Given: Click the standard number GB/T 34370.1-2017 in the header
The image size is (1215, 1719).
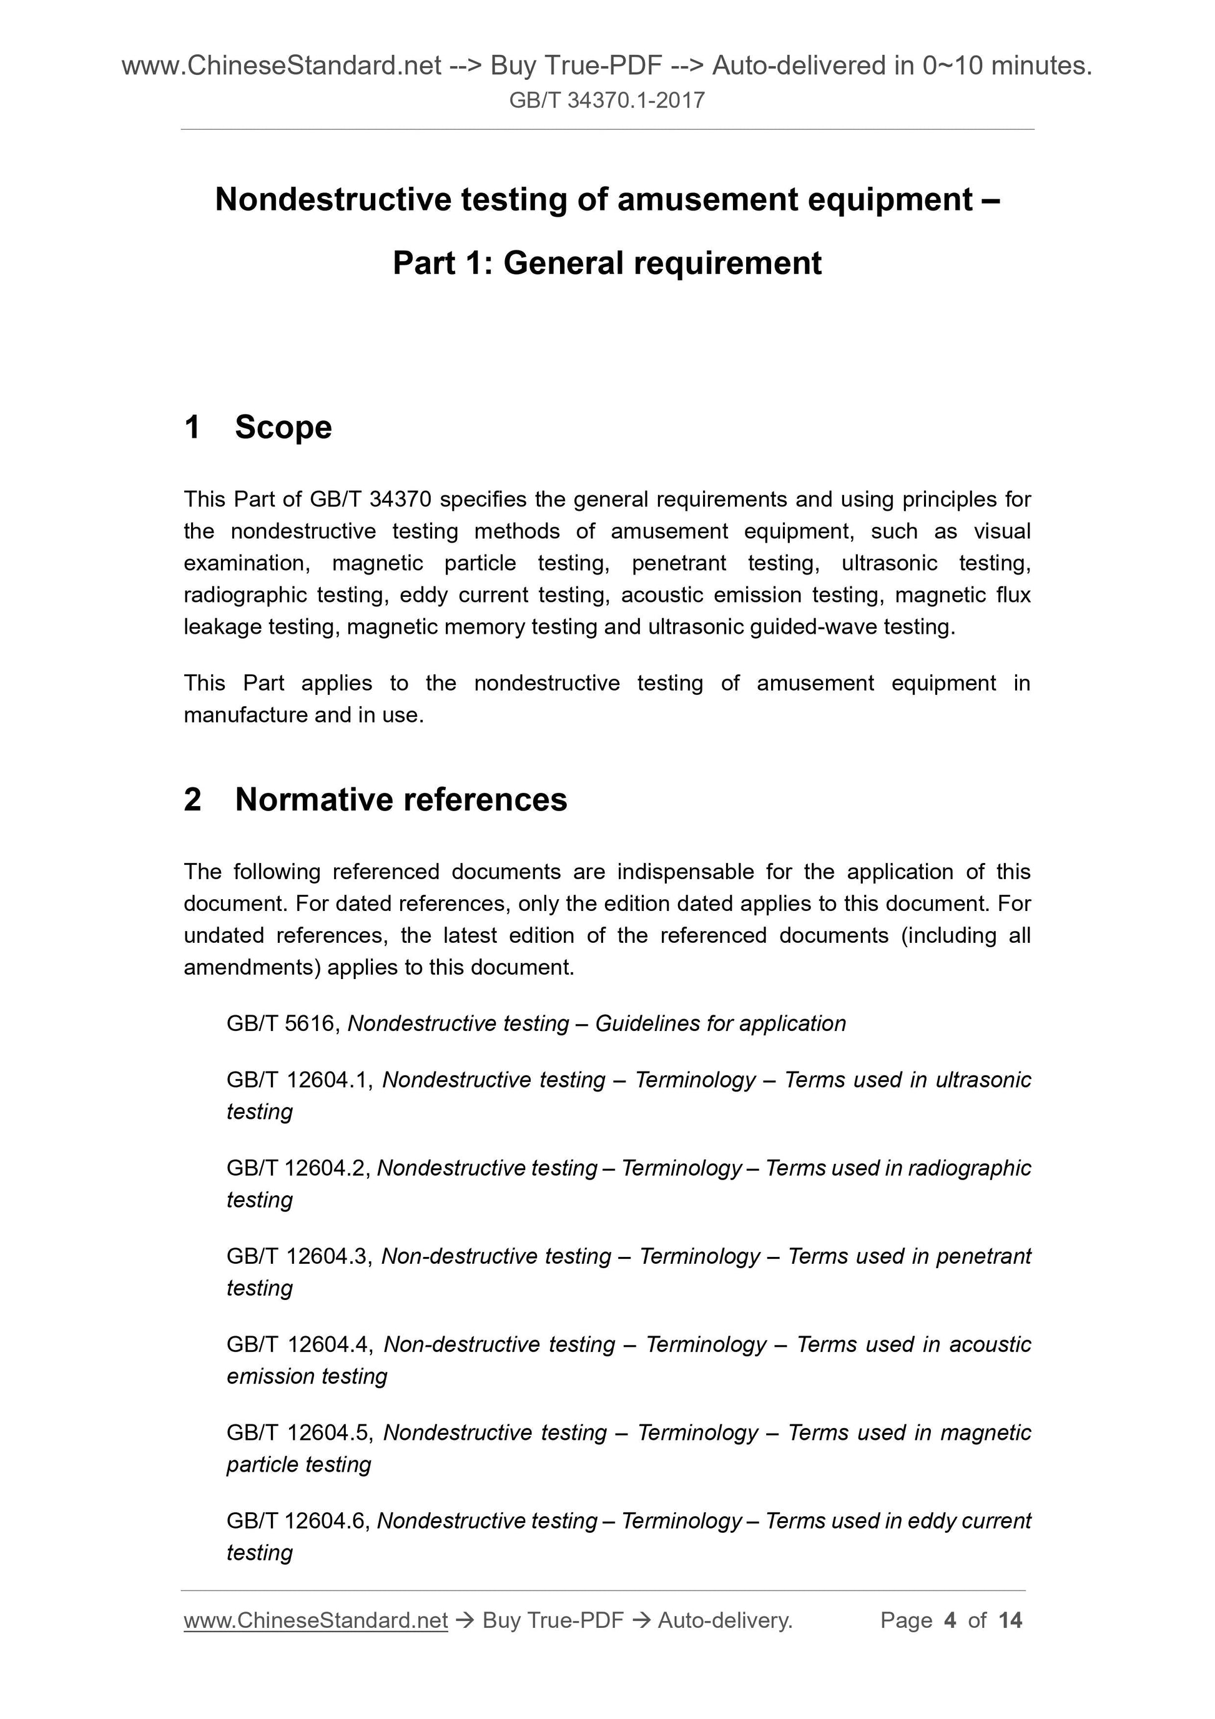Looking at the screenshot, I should [x=606, y=101].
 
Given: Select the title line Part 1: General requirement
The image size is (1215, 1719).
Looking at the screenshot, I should [x=606, y=264].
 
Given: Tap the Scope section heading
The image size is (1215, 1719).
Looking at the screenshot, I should [x=283, y=428].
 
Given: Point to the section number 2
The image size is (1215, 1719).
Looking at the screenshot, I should [x=192, y=800].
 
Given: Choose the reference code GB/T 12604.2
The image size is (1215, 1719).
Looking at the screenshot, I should [x=297, y=1168].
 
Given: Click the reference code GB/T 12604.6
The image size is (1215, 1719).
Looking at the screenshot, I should [x=297, y=1520].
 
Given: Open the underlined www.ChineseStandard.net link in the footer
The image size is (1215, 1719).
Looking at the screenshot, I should [x=315, y=1620].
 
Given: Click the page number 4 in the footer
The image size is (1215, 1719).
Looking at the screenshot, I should [x=950, y=1620].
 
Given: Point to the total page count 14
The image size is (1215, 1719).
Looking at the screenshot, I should [x=1010, y=1620].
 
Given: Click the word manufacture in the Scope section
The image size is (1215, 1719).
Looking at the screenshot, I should [x=245, y=715].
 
